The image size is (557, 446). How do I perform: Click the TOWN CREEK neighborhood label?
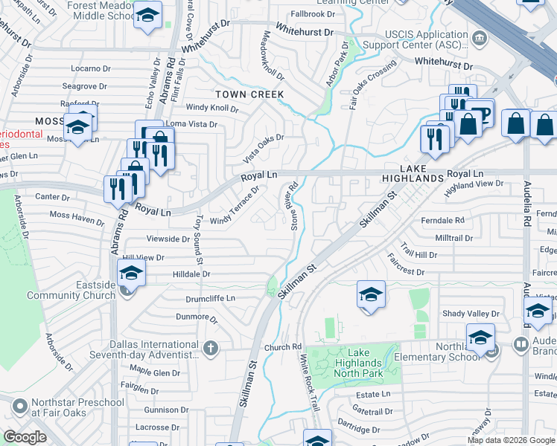[x=249, y=94]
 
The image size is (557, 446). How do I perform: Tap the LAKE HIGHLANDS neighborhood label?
[x=412, y=174]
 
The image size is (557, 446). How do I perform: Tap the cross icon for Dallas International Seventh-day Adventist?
[x=211, y=347]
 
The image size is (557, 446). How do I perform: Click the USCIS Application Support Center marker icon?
[x=480, y=37]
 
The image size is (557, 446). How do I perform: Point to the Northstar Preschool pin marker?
[x=19, y=407]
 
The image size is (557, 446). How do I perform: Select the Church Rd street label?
[x=282, y=347]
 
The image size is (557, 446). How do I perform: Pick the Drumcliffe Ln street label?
[x=210, y=298]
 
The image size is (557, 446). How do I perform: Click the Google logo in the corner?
[x=25, y=437]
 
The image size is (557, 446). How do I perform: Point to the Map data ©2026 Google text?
[x=510, y=440]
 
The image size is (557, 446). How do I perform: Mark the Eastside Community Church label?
[x=71, y=290]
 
